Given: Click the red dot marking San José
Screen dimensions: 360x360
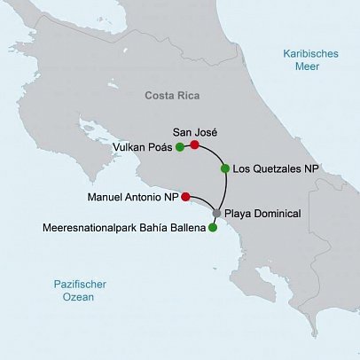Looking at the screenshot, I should (194, 145).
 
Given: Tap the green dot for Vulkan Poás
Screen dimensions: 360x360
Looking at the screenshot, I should (179, 147).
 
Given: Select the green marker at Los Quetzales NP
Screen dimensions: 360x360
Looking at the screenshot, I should (225, 168).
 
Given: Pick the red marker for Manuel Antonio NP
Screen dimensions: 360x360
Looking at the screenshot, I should (185, 197).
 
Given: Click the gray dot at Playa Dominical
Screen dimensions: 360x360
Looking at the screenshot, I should (216, 214).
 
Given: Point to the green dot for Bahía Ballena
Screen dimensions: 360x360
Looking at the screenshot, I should (213, 228).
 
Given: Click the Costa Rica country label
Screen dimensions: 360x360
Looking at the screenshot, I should (174, 94).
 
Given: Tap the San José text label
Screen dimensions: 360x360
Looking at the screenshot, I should (193, 131).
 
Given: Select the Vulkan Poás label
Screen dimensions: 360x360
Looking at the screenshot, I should (143, 147).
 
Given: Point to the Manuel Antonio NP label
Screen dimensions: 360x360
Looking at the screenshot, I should (134, 197).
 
